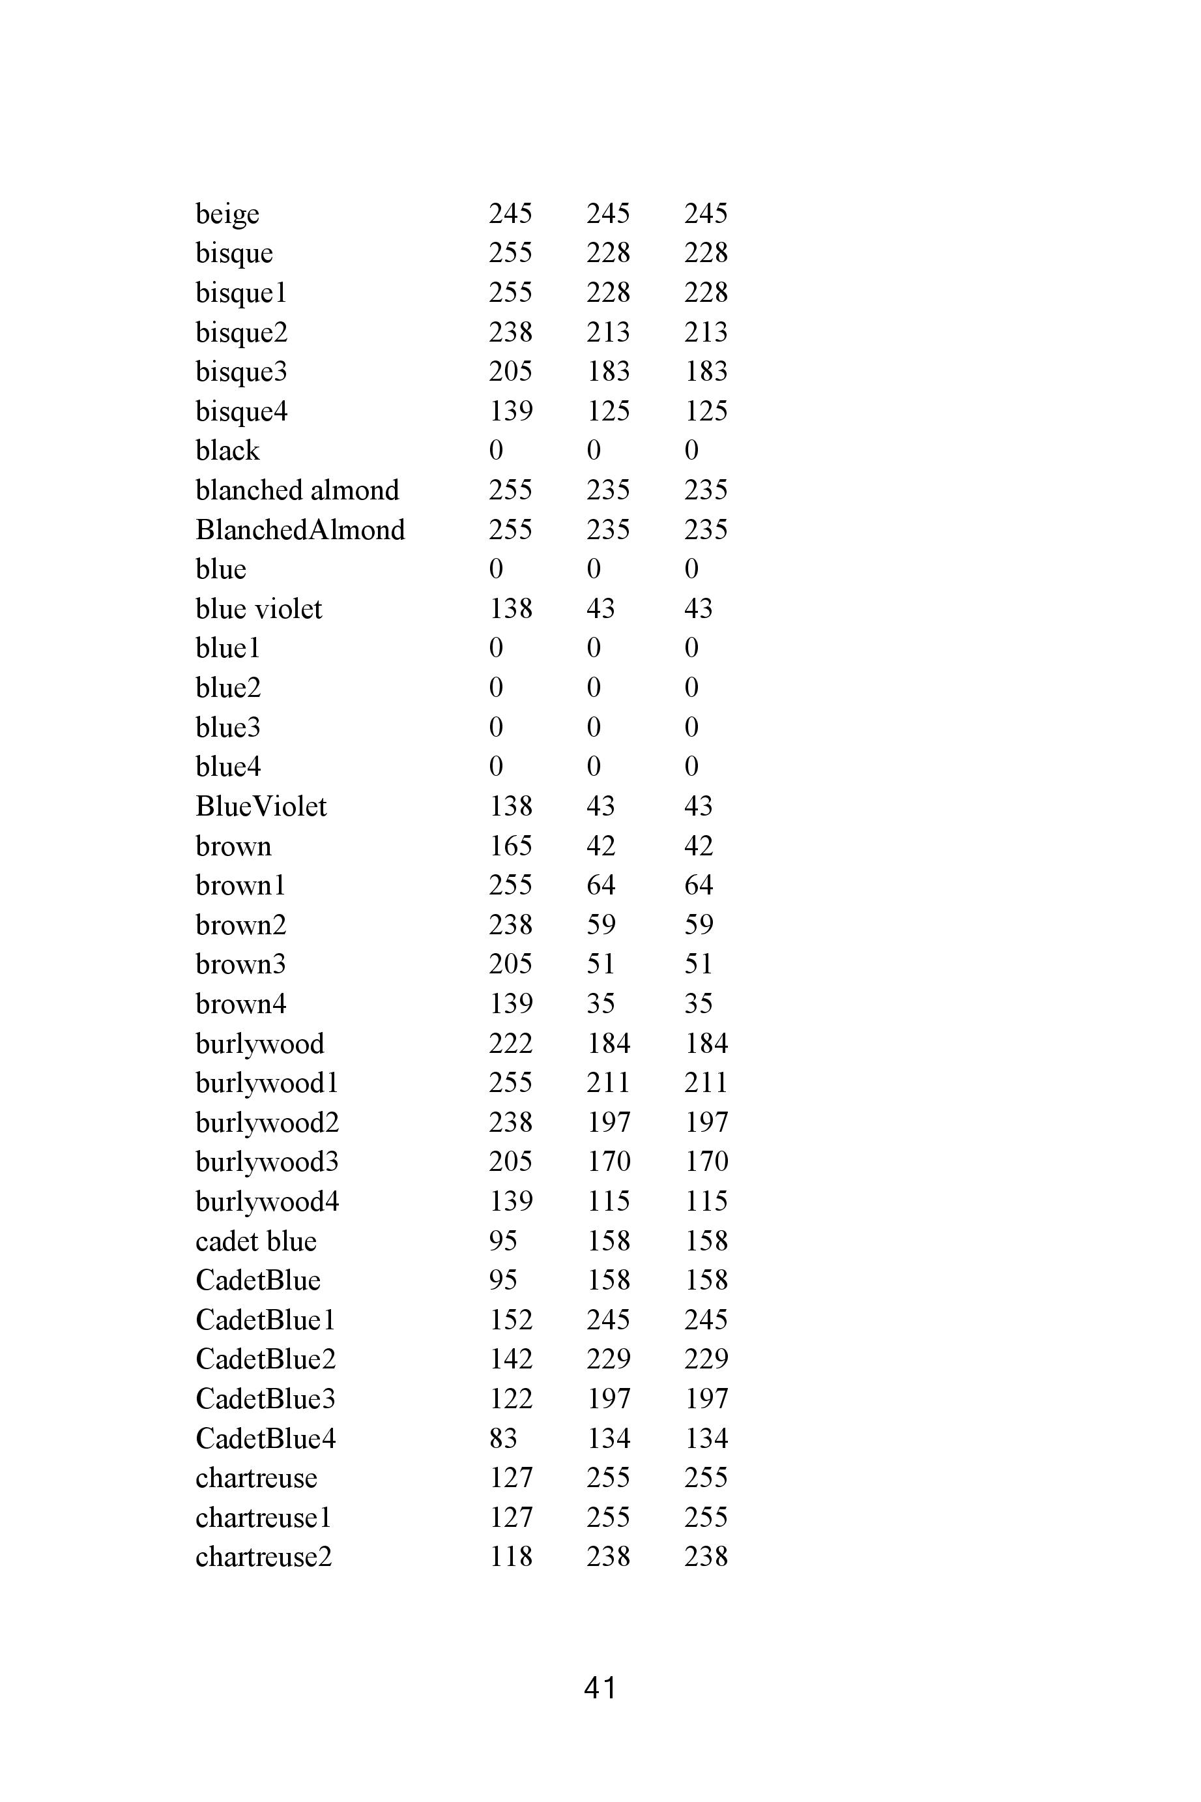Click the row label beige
pos(227,214)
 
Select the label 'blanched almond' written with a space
pos(297,490)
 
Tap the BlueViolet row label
pos(261,806)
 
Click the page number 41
pos(600,1688)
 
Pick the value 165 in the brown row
pos(510,846)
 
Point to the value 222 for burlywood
pos(510,1044)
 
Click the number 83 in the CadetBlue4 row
pos(502,1439)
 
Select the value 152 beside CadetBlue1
pos(510,1320)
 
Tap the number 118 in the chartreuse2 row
pos(510,1558)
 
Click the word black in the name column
pos(227,450)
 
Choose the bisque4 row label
pos(241,411)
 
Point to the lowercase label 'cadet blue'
pos(256,1241)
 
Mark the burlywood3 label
pos(267,1162)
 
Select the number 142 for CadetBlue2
pos(510,1360)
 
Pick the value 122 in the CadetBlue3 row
pos(510,1399)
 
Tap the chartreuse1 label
pos(263,1518)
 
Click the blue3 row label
pos(227,728)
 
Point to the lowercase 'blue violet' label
pos(259,609)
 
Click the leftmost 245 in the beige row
pos(510,214)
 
